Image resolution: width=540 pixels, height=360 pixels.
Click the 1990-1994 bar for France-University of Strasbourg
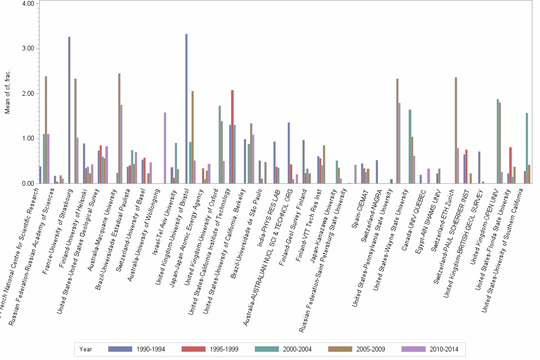point(69,110)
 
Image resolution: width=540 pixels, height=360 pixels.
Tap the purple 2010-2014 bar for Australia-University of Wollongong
point(165,148)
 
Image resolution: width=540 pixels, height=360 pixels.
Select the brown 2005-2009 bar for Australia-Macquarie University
point(119,128)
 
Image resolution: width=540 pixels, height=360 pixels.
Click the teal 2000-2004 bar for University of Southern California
point(527,148)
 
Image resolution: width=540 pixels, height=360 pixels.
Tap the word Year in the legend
point(86,350)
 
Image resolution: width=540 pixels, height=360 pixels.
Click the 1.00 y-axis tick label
point(27,139)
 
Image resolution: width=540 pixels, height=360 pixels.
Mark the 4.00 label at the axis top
point(27,4)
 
